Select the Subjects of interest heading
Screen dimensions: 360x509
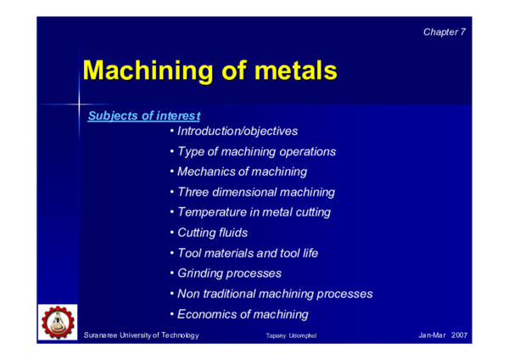[144, 115]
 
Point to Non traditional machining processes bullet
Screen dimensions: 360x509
[271, 294]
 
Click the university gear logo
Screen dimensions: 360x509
[58, 322]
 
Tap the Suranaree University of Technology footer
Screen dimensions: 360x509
[142, 337]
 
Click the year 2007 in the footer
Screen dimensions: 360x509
[460, 337]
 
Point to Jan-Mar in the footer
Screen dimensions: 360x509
[433, 337]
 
